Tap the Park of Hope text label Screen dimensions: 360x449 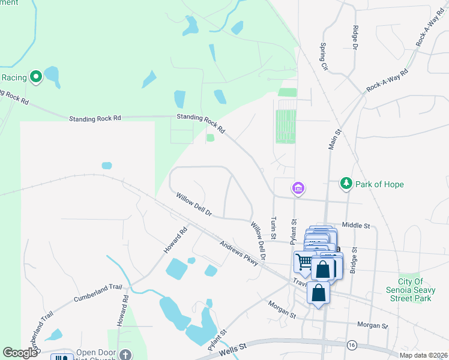click(378, 184)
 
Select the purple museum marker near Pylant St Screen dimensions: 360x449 click(298, 188)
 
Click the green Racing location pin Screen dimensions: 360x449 click(36, 76)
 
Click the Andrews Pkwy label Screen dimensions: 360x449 click(238, 250)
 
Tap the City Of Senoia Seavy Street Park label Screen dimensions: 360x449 click(415, 290)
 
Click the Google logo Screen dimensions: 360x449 click(20, 353)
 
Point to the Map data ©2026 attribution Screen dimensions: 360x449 click(423, 355)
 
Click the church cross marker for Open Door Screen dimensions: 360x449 click(124, 354)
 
